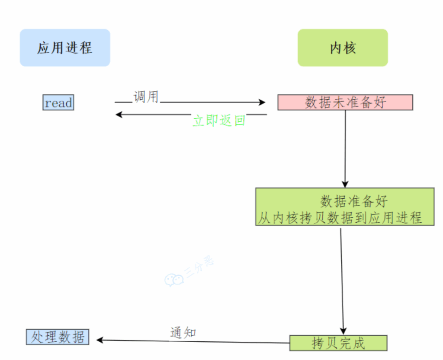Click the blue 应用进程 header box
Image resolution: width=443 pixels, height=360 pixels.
click(65, 48)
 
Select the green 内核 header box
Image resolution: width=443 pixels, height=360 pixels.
click(343, 48)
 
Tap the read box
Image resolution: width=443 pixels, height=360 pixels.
click(58, 103)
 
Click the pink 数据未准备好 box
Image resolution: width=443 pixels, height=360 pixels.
click(345, 102)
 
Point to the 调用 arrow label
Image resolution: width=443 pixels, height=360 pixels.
click(146, 97)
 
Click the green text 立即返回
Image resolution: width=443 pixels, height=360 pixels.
click(219, 121)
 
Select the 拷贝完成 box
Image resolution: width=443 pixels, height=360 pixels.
click(338, 343)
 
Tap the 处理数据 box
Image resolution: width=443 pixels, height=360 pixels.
click(58, 337)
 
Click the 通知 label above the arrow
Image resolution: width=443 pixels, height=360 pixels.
click(183, 332)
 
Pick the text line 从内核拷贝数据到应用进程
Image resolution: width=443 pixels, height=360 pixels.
click(340, 218)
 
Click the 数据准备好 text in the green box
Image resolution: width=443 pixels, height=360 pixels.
click(354, 201)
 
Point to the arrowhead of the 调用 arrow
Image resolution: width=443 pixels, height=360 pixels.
click(262, 102)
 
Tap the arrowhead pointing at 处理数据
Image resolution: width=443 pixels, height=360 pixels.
click(100, 340)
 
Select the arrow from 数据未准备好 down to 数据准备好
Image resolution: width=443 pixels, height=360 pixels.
click(345, 147)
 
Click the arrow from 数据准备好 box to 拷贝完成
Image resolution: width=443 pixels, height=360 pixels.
click(342, 281)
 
